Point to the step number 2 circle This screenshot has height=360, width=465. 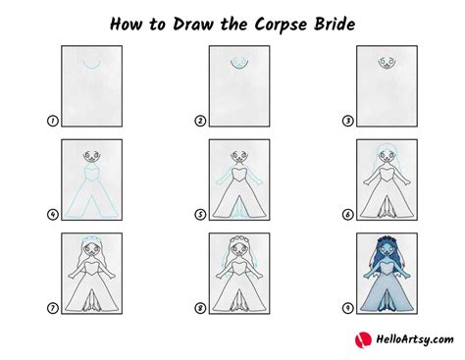(199, 122)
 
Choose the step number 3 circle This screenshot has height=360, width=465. (345, 122)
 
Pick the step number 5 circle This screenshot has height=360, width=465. (199, 214)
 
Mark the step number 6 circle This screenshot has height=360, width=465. (345, 214)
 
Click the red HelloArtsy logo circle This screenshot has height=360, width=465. (360, 340)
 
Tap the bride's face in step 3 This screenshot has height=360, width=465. (385, 63)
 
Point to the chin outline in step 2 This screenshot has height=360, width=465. (238, 67)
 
